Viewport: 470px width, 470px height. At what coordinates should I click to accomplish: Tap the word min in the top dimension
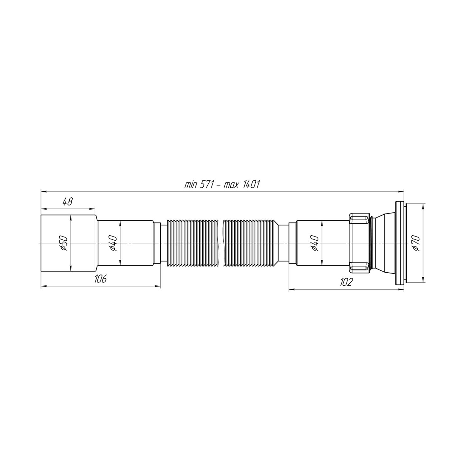[190, 185]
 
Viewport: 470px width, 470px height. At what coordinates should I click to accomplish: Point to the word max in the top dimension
[232, 185]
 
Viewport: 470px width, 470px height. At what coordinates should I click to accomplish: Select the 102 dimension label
[346, 282]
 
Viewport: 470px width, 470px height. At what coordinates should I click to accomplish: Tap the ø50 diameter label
[64, 243]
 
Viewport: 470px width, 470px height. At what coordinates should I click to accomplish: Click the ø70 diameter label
[416, 243]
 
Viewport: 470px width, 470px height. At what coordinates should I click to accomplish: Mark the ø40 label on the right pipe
[315, 243]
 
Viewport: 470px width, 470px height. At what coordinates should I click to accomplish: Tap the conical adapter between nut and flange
[382, 243]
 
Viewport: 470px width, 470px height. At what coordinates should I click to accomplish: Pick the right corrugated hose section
[251, 243]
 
